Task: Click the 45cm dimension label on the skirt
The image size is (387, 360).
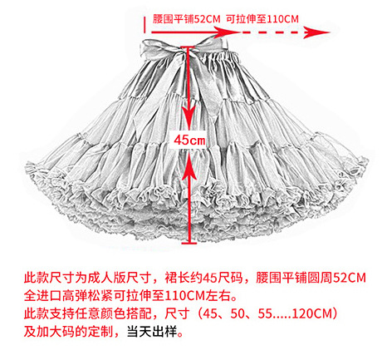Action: (x=189, y=140)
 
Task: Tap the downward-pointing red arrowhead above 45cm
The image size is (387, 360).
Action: (x=189, y=118)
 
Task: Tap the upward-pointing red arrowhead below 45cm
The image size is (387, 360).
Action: (x=189, y=165)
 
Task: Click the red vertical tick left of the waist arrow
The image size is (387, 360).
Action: (x=145, y=24)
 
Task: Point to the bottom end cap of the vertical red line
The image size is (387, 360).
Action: (x=189, y=244)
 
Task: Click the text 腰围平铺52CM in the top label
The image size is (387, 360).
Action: (x=186, y=19)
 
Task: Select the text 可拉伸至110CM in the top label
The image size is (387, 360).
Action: (x=262, y=19)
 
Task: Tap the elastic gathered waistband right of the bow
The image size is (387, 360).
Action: (x=222, y=57)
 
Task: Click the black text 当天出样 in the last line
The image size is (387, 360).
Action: (x=152, y=332)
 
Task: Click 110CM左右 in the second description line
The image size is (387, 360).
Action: (x=198, y=296)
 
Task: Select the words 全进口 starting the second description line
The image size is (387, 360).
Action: (x=42, y=296)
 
